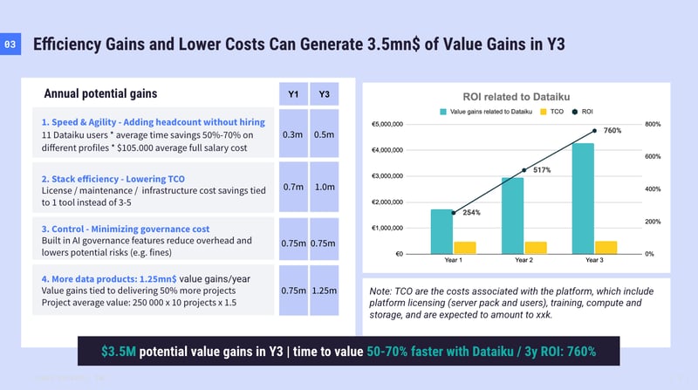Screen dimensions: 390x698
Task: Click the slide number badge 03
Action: (10, 44)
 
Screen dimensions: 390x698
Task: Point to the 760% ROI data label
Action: (612, 130)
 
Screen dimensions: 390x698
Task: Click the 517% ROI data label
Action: (542, 170)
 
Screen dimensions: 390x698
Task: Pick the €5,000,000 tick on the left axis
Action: (387, 124)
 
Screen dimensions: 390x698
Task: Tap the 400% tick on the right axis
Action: (653, 189)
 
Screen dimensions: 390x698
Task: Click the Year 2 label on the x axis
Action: (523, 261)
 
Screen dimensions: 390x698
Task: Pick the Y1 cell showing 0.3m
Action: (292, 134)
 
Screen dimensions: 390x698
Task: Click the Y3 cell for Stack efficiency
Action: (324, 186)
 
